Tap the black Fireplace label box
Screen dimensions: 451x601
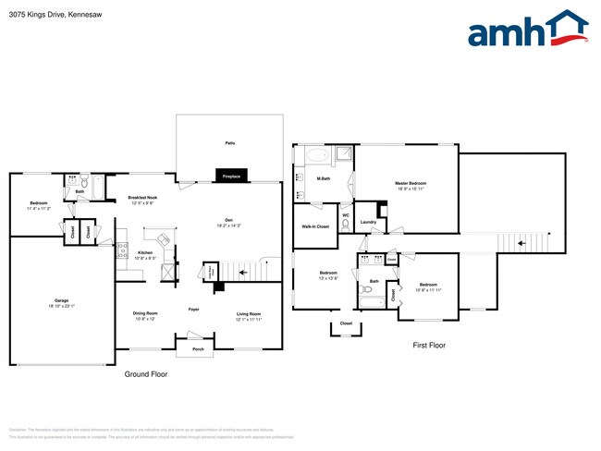tap(230, 176)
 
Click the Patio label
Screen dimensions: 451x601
tap(229, 143)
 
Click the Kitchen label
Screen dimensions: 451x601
tap(145, 254)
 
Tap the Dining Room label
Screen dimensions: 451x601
tap(146, 317)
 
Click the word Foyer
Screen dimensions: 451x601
tap(194, 309)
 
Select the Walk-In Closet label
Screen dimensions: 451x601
tap(315, 226)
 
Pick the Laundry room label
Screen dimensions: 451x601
tap(368, 222)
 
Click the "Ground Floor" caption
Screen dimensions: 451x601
tap(146, 374)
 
